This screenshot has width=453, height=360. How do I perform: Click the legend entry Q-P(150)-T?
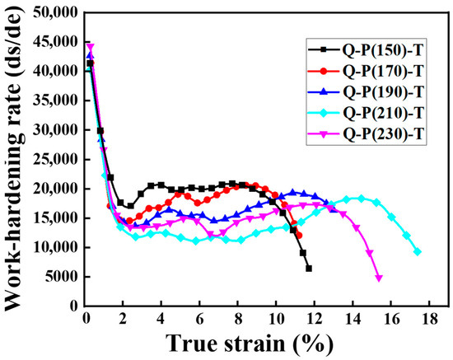click(366, 50)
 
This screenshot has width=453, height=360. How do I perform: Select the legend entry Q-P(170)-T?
click(366, 71)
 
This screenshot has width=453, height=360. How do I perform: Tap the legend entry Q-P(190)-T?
click(366, 92)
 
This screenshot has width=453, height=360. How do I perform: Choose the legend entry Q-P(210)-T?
click(366, 113)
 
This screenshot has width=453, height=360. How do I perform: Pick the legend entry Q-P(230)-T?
click(366, 134)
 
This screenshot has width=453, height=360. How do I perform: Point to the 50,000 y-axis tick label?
click(55, 12)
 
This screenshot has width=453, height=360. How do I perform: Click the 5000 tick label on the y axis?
click(62, 277)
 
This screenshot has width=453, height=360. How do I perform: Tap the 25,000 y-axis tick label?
click(55, 160)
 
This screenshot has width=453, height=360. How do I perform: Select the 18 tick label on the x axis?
click(429, 319)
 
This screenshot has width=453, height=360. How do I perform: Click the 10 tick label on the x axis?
click(276, 319)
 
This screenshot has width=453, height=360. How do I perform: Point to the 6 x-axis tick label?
click(199, 319)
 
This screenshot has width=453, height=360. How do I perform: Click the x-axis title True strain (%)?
click(250, 344)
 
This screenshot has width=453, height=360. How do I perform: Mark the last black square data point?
click(309, 269)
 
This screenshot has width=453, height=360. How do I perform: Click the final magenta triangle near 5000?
click(379, 278)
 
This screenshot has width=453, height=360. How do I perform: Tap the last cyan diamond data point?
click(417, 252)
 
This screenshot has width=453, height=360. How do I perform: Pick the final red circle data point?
click(299, 236)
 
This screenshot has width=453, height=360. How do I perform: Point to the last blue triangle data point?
click(334, 209)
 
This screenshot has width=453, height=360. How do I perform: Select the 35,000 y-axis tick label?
click(55, 101)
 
